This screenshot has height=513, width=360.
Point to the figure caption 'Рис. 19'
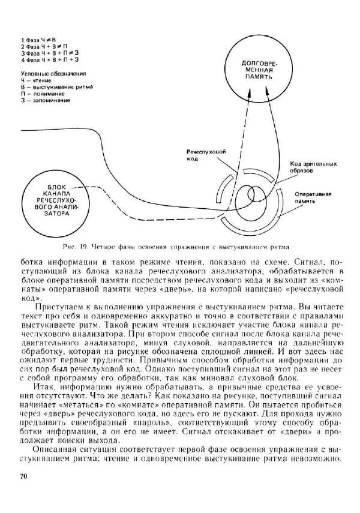[76, 245]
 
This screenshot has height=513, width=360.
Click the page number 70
[25, 477]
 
